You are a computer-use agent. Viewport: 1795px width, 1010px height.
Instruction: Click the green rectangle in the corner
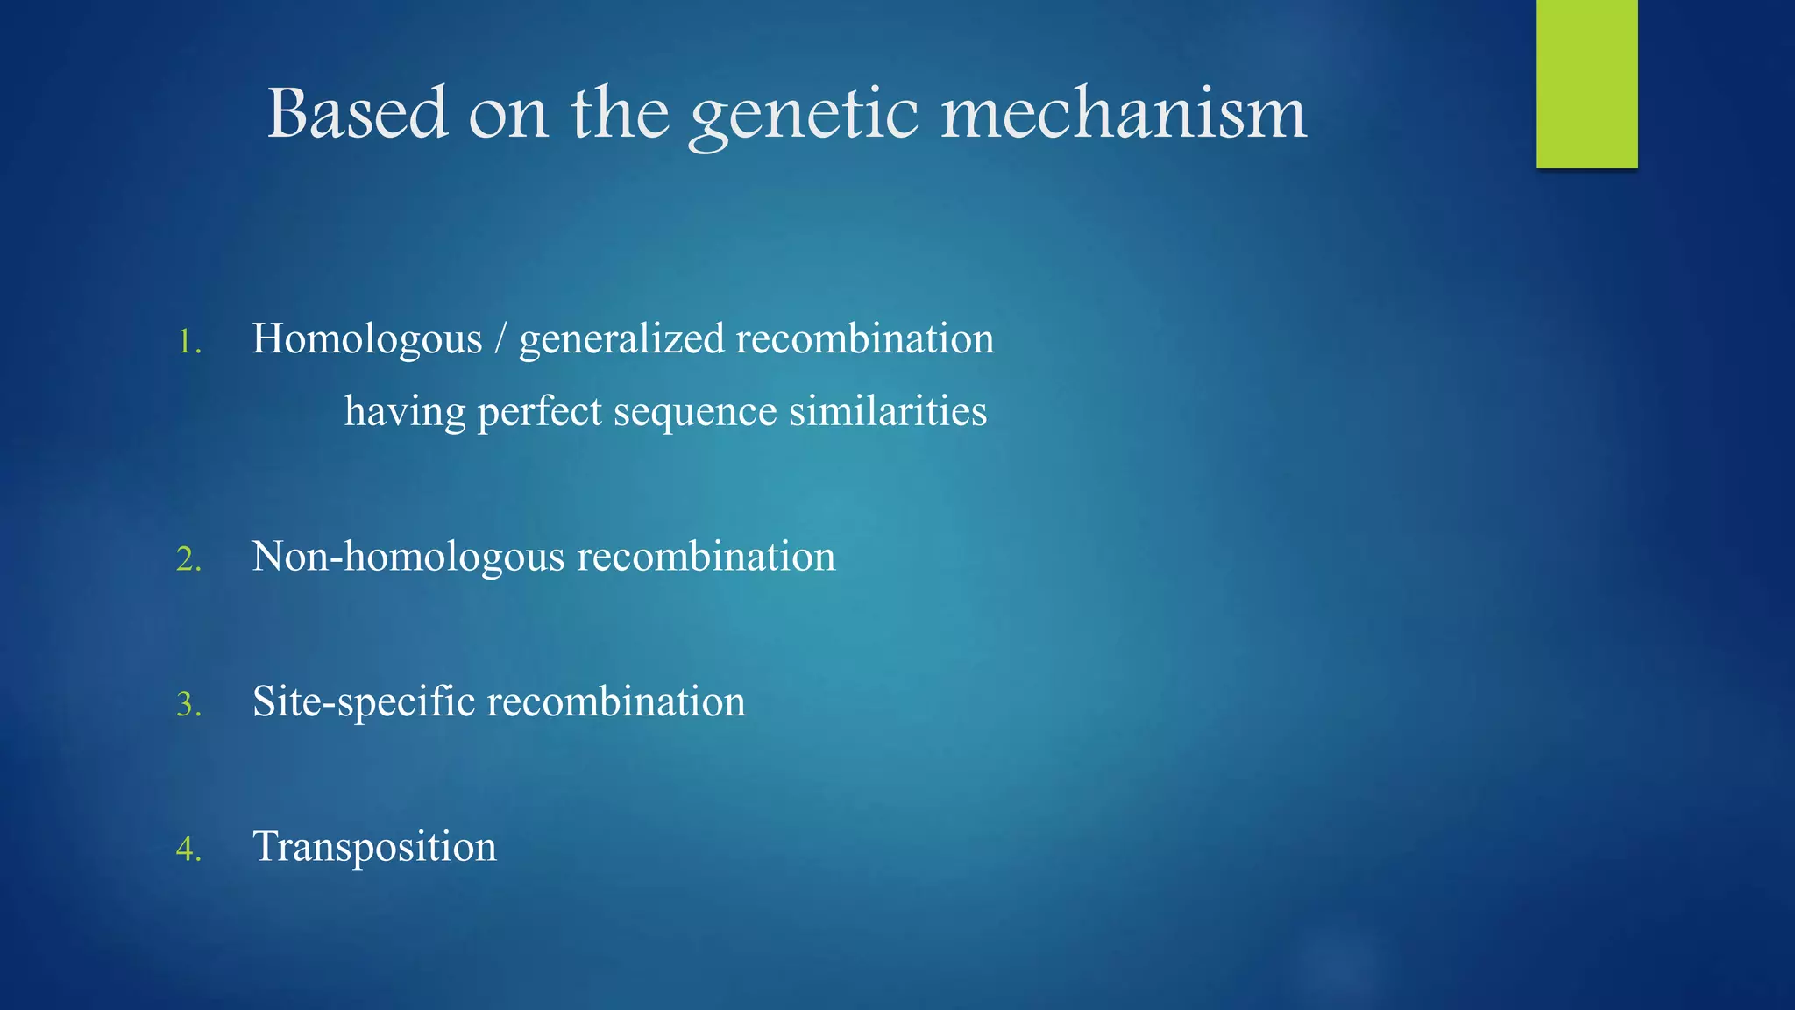(1586, 84)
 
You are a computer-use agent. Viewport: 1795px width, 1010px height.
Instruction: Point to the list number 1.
(188, 342)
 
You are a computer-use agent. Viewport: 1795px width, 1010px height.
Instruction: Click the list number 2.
(188, 559)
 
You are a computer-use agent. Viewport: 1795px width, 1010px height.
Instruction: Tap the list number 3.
(188, 704)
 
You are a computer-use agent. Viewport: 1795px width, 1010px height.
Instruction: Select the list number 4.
(188, 849)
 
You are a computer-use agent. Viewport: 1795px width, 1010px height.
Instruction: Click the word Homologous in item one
(366, 340)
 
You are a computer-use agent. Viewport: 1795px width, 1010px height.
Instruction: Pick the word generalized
(621, 340)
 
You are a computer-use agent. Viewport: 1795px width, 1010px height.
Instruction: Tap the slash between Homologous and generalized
(500, 338)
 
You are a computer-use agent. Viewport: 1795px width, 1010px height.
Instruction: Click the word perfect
(539, 412)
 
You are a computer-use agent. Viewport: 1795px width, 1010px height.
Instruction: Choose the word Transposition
(374, 848)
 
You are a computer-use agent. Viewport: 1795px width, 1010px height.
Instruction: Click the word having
(404, 412)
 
